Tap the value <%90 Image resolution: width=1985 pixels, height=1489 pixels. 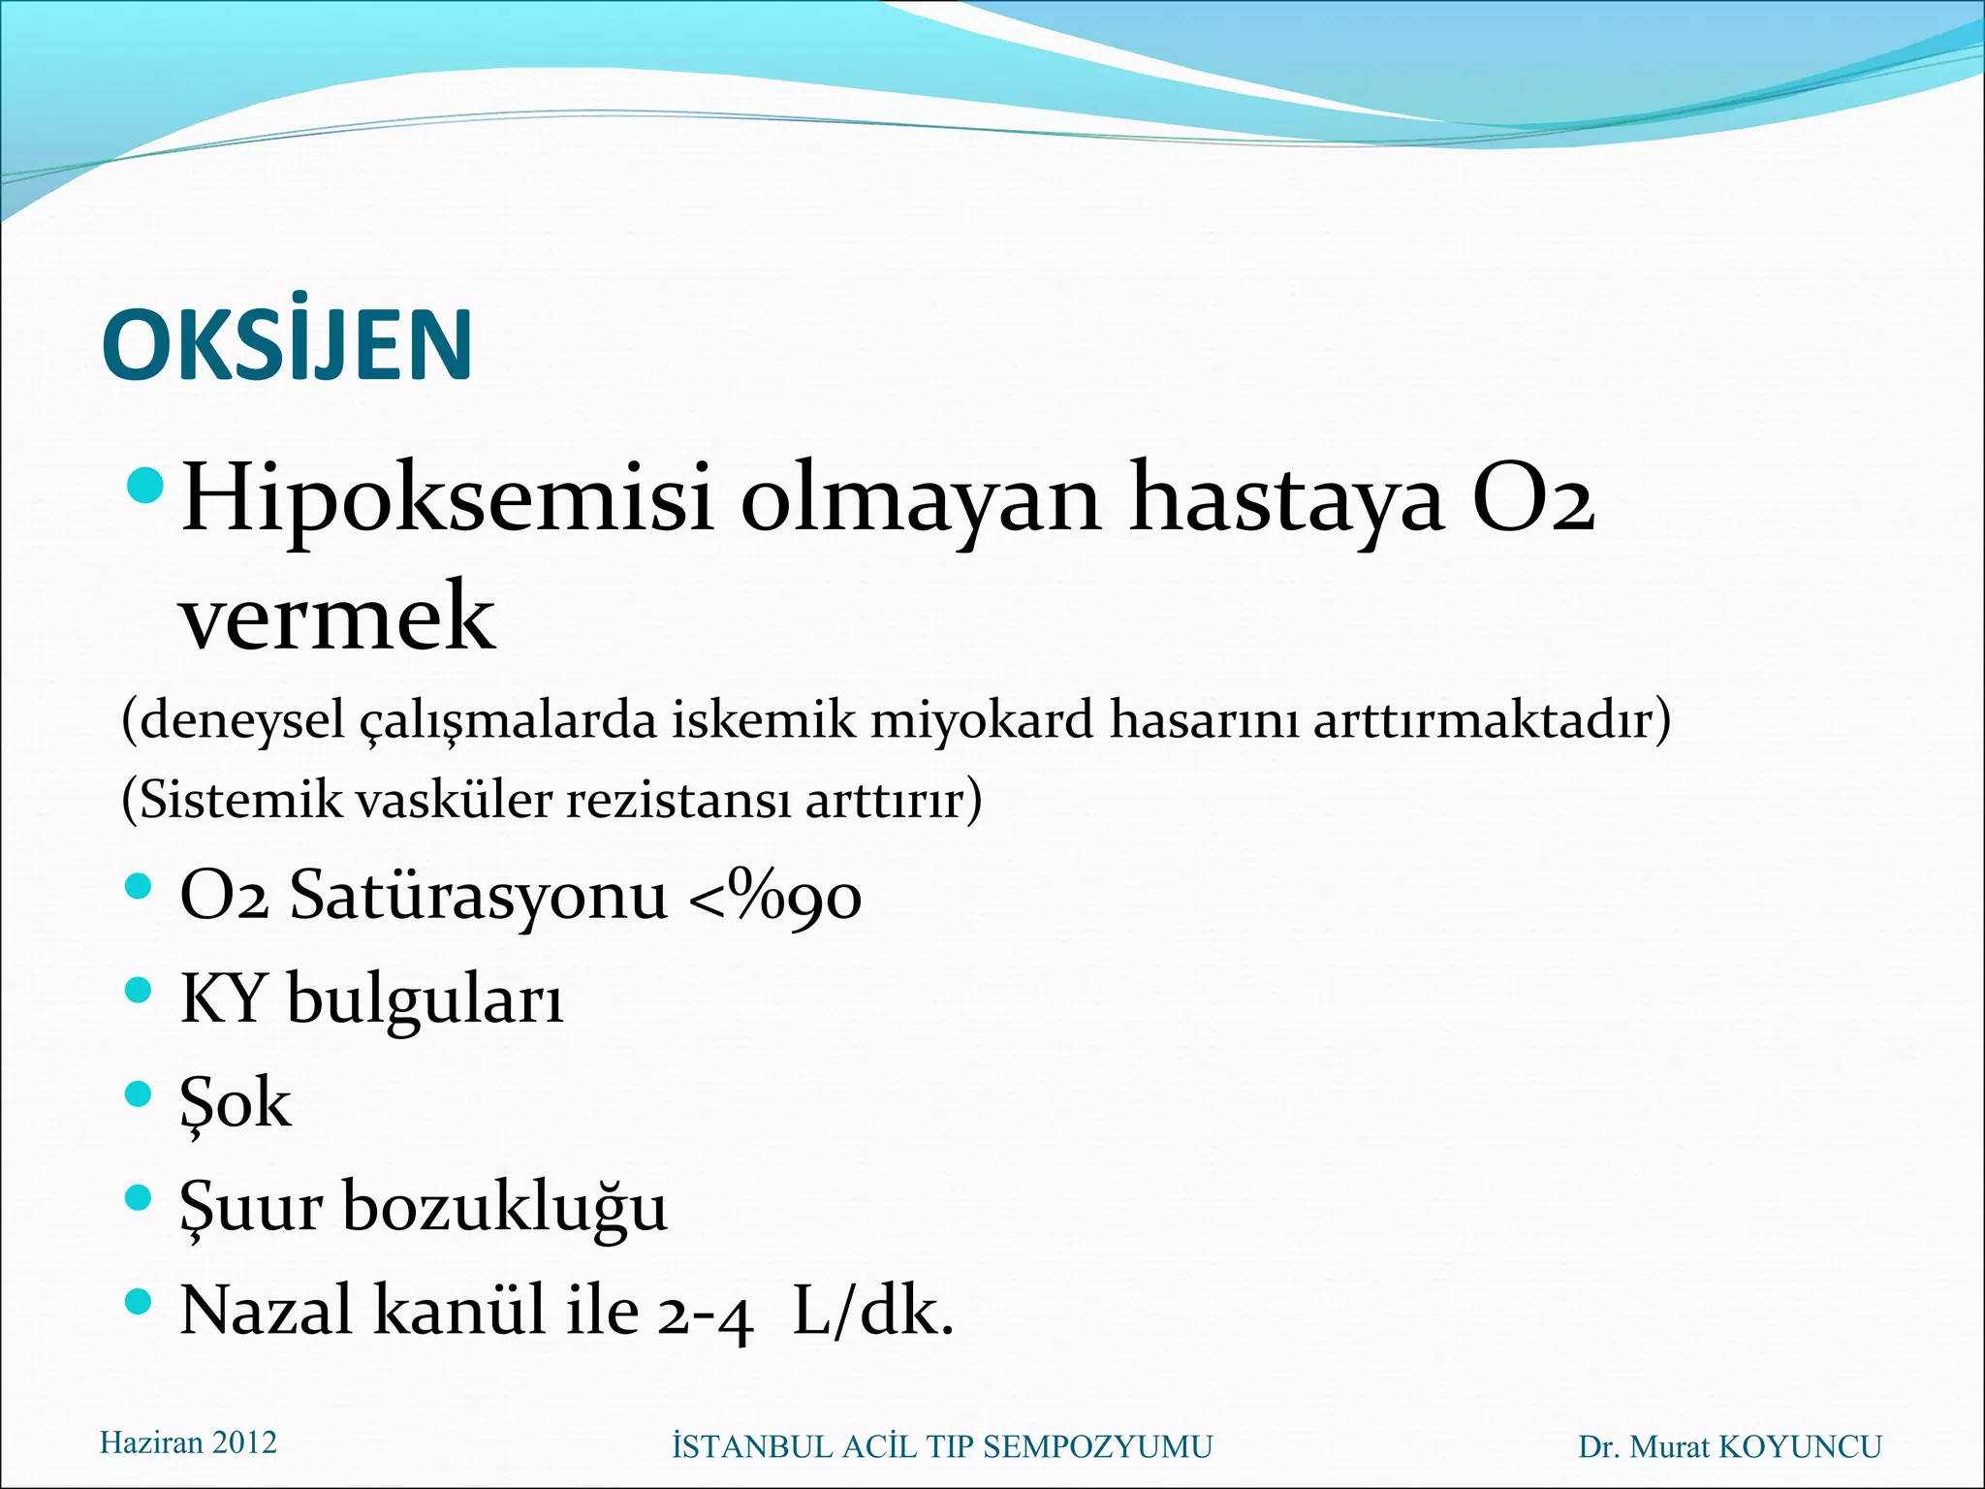pos(774,895)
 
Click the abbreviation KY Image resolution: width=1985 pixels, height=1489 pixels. pos(223,998)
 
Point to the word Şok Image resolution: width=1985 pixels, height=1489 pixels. pos(236,1104)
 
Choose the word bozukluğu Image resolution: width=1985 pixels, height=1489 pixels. pos(505,1208)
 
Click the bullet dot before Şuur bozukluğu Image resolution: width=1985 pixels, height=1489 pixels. pos(140,1198)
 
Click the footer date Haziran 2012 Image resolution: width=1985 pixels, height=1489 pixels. pos(188,1442)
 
